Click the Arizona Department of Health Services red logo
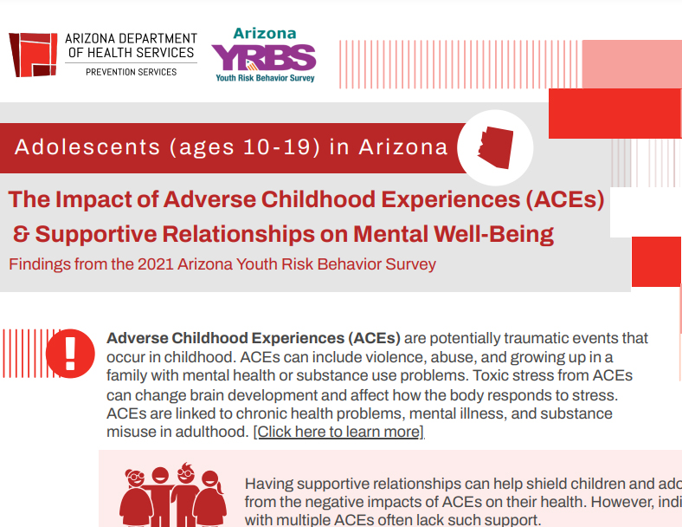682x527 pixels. (x=33, y=55)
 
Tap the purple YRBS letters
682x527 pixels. (x=264, y=57)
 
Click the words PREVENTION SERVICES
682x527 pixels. (x=131, y=72)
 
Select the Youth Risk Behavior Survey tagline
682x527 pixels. (x=265, y=78)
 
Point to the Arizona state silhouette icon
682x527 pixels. (x=495, y=147)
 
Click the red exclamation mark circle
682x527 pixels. (x=70, y=354)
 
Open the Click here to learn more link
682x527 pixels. (x=338, y=432)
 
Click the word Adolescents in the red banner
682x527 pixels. (x=87, y=146)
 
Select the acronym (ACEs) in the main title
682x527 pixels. (x=565, y=199)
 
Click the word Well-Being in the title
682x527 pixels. (x=493, y=234)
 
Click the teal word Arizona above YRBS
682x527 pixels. (x=265, y=34)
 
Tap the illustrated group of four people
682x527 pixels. (x=173, y=495)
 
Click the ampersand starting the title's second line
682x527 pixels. (x=22, y=234)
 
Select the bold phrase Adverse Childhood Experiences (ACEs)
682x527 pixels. (x=254, y=338)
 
